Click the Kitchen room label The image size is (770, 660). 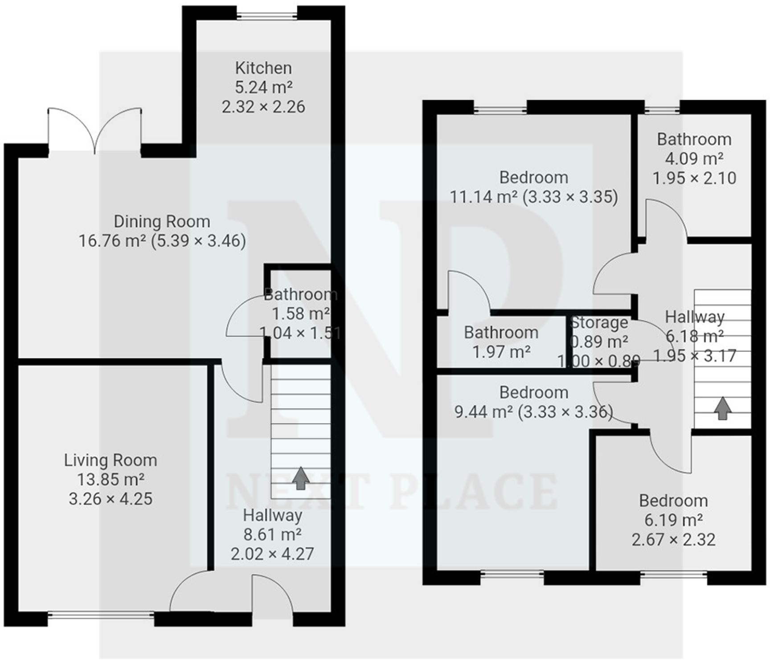(x=263, y=68)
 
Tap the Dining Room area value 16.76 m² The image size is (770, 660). (x=112, y=241)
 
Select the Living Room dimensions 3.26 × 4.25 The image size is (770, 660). (x=111, y=499)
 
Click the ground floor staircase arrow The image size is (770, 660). (x=301, y=478)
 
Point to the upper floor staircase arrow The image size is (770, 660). (x=722, y=408)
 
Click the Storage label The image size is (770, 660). (x=599, y=322)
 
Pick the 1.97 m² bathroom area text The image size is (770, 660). (x=501, y=352)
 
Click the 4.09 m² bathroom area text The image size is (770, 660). (x=694, y=159)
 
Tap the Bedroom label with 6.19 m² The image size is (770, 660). (x=673, y=501)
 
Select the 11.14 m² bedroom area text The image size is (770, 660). (x=483, y=197)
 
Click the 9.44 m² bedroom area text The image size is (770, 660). (x=483, y=412)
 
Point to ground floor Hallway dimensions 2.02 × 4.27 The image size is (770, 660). (x=272, y=554)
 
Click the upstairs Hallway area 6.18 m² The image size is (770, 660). (x=694, y=336)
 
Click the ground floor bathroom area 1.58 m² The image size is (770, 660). (x=301, y=314)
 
